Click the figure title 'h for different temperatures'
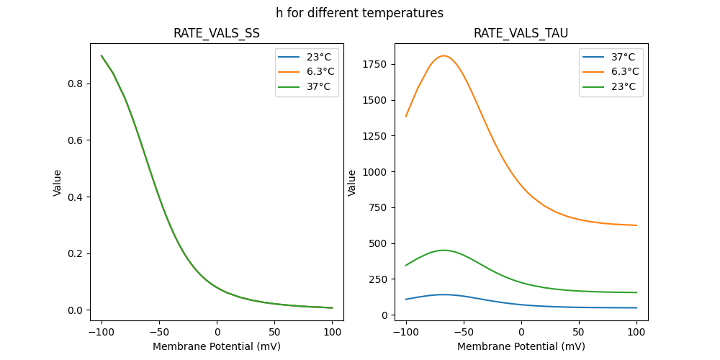tap(359, 13)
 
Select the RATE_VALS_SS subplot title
tap(216, 33)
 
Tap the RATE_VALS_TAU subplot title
tap(521, 33)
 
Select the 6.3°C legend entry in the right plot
tap(621, 72)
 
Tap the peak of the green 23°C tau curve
tap(444, 251)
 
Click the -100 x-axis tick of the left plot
tap(102, 332)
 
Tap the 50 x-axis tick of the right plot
tap(579, 332)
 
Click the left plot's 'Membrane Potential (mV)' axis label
tap(216, 346)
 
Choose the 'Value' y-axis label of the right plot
tap(352, 183)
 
